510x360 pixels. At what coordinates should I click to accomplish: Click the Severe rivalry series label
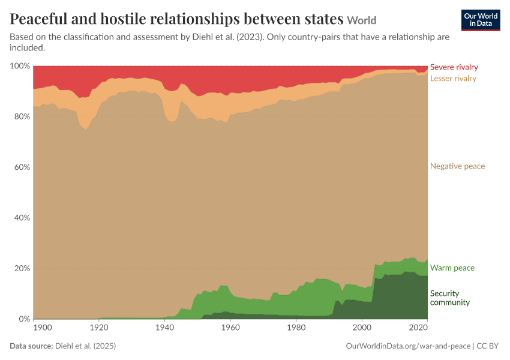[x=454, y=67]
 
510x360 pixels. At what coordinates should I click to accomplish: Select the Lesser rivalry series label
[x=453, y=79]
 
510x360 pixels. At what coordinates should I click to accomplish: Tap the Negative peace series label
[x=457, y=166]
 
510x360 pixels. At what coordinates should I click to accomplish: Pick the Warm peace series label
[x=452, y=268]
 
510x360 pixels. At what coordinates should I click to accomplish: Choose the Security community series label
[x=450, y=298]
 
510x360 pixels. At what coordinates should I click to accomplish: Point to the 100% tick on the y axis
[x=20, y=66]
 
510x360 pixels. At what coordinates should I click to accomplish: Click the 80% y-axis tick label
[x=22, y=116]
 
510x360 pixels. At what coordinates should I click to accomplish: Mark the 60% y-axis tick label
[x=22, y=167]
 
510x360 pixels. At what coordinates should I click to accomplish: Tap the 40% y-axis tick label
[x=22, y=218]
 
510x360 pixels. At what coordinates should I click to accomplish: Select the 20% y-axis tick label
[x=22, y=268]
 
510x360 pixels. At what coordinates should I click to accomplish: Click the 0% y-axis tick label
[x=24, y=319]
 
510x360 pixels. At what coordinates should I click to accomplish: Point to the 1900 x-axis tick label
[x=43, y=328]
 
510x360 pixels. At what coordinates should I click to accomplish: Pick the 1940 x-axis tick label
[x=164, y=328]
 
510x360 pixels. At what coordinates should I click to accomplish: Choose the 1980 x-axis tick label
[x=296, y=328]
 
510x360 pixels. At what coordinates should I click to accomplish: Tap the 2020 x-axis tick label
[x=418, y=328]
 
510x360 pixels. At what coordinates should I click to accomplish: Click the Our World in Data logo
[x=481, y=20]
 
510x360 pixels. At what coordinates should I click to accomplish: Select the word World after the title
[x=362, y=20]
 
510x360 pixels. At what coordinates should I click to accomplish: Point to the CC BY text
[x=488, y=346]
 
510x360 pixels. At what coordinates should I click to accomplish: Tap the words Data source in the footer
[x=31, y=346]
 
